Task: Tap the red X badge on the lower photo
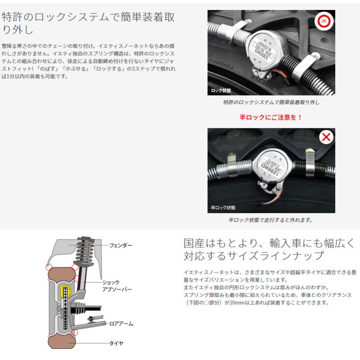pos(326,138)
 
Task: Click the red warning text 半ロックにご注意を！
pos(271,118)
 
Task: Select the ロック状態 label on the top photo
pos(221,91)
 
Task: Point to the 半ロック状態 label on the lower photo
pos(223,208)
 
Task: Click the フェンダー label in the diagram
pos(120,245)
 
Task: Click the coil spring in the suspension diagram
pos(84,252)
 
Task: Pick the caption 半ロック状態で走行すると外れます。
pos(270,220)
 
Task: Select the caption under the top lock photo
pos(271,102)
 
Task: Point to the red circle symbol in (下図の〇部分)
pos(207,303)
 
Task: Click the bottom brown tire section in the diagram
pos(61,342)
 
